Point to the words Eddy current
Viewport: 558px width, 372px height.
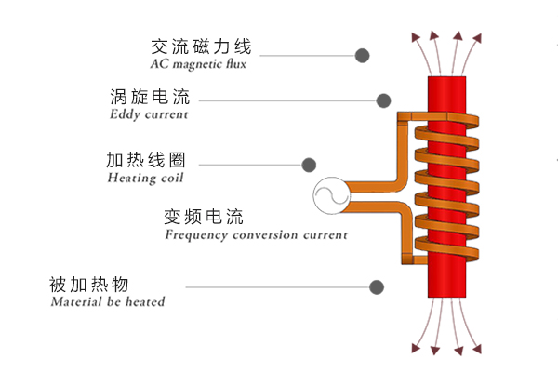click(148, 115)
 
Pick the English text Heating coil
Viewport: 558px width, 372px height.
click(146, 178)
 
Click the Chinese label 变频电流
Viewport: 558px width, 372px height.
click(203, 218)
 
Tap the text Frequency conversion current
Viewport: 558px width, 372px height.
click(256, 235)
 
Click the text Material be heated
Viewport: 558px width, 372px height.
click(108, 302)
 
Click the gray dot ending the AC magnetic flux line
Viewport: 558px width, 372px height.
click(362, 56)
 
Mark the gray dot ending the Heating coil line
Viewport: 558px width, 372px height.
click(309, 165)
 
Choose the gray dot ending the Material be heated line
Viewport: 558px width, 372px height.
click(377, 287)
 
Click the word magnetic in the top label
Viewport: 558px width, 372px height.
click(198, 65)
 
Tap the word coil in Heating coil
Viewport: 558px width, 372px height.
click(171, 178)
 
